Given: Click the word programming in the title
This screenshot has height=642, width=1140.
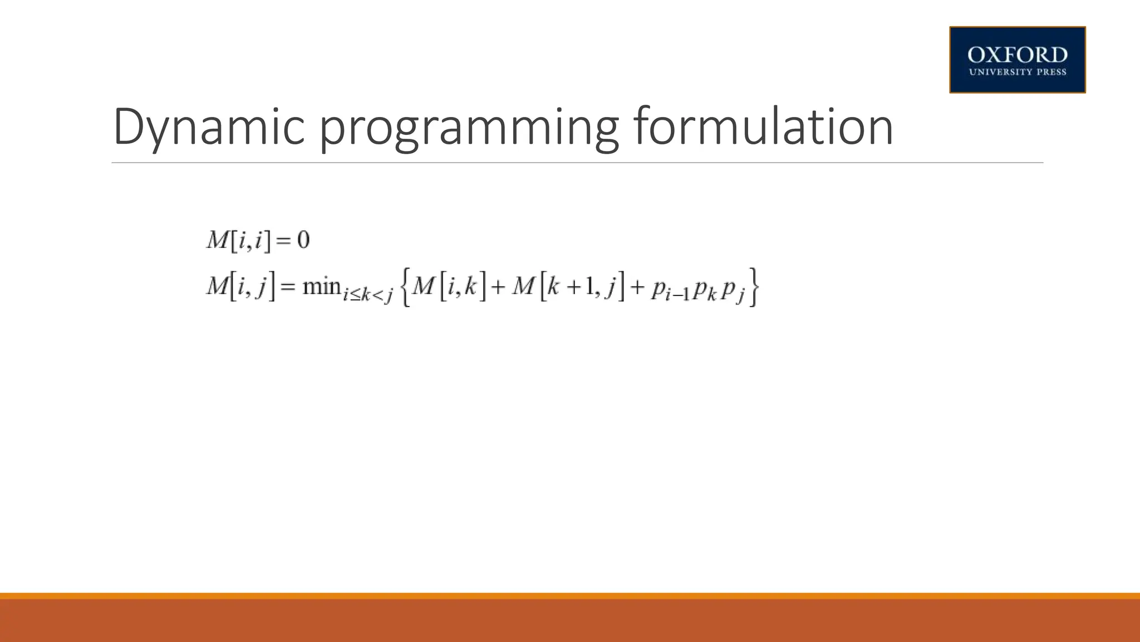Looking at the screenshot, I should click(469, 129).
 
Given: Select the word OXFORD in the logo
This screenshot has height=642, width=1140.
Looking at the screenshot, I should click(1017, 55).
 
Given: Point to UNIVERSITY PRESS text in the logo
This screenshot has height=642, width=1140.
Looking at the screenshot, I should click(1017, 72).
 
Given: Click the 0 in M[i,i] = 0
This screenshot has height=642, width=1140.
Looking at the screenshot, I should click(303, 240).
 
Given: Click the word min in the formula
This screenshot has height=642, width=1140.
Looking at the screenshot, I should click(321, 286).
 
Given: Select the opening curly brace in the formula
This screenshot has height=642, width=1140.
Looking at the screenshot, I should click(405, 288).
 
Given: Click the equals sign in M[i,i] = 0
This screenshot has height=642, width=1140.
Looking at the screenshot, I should click(283, 241).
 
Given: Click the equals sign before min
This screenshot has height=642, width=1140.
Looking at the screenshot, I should click(287, 287).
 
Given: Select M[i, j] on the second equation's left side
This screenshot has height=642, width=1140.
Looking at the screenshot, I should click(240, 286).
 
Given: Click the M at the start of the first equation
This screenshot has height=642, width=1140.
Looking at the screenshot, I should click(217, 240).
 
